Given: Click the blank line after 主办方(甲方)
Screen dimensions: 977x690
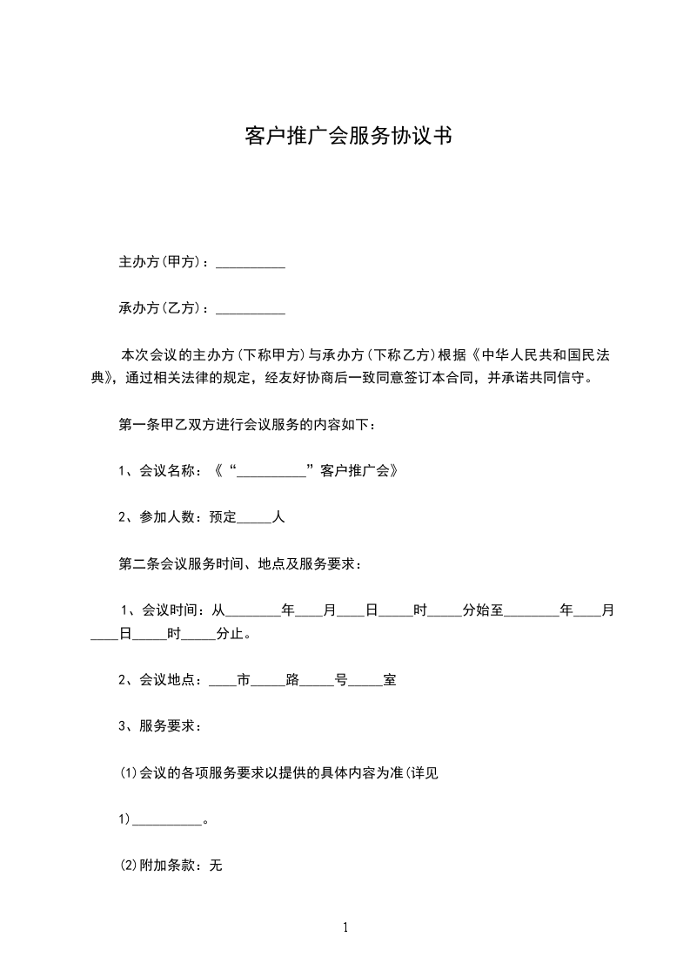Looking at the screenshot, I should click(251, 263).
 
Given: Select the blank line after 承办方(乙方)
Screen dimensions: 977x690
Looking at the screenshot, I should click(251, 309).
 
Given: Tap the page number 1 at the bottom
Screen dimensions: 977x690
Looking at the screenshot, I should click(345, 927).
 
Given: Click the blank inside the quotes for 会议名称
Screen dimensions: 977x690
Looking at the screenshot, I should click(271, 473).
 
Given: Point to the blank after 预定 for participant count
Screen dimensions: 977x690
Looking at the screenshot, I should click(255, 518).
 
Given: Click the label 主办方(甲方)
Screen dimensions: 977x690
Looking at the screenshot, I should click(161, 262).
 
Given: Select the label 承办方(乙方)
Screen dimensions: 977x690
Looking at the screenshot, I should click(161, 308).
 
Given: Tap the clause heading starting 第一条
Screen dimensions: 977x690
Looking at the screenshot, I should click(247, 425).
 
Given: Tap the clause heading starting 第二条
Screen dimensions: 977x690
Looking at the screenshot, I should click(240, 563).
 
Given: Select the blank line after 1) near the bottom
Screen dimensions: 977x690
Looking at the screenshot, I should click(165, 821).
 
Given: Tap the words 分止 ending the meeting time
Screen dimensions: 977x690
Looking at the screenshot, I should click(227, 634).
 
